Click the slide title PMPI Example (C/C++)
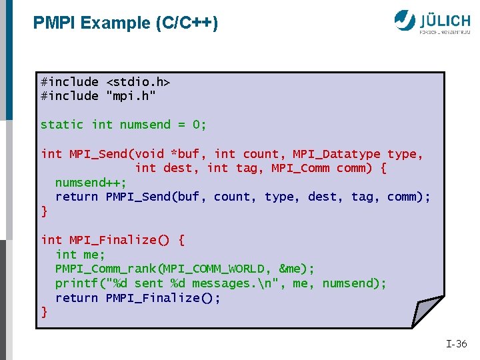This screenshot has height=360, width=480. point(125,23)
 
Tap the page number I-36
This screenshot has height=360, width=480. point(457,344)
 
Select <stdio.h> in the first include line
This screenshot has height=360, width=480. point(138,81)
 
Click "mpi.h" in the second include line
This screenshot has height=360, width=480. point(131,96)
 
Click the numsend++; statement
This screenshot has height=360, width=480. point(91,183)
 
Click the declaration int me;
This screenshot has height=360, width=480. point(81,255)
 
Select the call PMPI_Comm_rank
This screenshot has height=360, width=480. point(109,269)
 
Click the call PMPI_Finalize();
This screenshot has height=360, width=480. point(163,297)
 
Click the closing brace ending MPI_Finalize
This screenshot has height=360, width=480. point(44,311)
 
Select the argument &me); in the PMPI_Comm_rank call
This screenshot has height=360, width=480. point(297,269)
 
